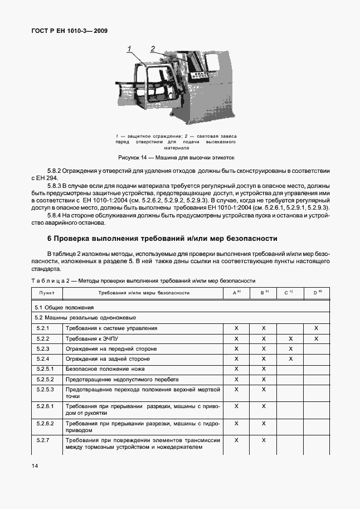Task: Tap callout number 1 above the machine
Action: coord(129,50)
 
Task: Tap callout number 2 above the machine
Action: coord(152,49)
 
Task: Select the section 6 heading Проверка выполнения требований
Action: coord(162,238)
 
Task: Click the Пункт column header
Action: coord(47,293)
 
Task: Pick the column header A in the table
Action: coord(236,292)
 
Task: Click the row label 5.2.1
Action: coord(43,328)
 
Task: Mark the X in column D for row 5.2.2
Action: coord(317,338)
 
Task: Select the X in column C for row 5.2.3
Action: coord(290,348)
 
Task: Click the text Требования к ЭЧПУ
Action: coord(92,338)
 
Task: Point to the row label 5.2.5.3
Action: coord(45,389)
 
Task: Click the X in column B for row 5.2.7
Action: coord(264,440)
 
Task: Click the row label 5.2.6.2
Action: coord(45,423)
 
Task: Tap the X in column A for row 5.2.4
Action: coord(236,358)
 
